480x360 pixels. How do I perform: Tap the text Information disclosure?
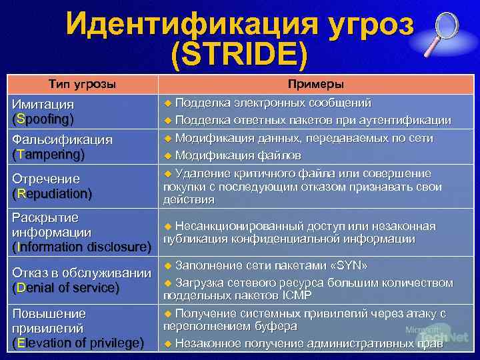pos(82,247)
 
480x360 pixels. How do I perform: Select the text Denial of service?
pos(66,288)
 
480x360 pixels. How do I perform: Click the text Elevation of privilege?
pos(78,343)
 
